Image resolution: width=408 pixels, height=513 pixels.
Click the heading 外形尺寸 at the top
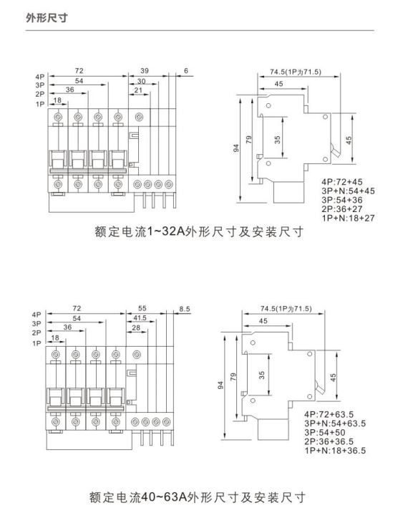(47, 17)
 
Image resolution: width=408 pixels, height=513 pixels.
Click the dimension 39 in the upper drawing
(145, 71)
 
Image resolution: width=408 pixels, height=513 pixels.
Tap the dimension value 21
(138, 90)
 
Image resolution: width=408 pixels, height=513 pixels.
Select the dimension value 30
(141, 81)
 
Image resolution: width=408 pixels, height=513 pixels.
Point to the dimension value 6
(186, 71)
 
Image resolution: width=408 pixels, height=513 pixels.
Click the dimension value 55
(142, 308)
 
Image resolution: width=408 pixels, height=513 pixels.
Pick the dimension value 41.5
(140, 318)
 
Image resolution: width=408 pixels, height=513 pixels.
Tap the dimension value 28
(136, 327)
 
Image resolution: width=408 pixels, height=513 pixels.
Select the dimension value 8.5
(185, 309)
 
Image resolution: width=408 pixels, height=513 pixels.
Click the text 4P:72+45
(342, 182)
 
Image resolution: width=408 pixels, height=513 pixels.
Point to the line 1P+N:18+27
(348, 218)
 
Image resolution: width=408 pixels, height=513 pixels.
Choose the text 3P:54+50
(325, 433)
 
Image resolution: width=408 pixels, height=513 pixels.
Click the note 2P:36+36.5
(329, 441)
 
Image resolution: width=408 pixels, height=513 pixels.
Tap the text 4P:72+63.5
(329, 415)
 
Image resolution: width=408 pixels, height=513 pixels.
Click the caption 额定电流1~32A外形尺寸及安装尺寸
(199, 232)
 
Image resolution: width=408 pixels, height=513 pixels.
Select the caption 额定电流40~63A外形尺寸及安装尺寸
(198, 498)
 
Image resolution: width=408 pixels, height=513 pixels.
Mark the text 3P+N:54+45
(348, 191)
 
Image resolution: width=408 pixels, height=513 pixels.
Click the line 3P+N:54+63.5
(335, 423)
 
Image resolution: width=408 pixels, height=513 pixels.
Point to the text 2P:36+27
(342, 209)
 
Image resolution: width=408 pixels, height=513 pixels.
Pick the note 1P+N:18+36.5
(335, 451)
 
